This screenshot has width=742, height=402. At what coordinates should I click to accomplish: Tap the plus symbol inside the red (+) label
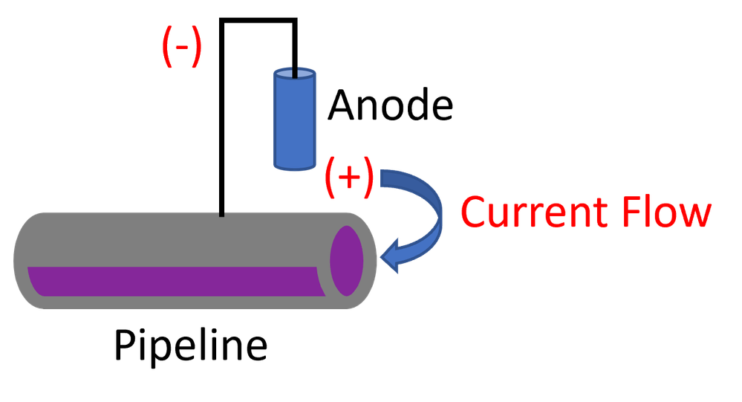pos(349,178)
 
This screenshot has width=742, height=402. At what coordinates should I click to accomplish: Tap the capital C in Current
pos(475,213)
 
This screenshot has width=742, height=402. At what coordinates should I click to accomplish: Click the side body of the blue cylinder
pos(295,123)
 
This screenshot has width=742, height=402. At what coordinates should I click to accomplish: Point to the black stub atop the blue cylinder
pos(295,72)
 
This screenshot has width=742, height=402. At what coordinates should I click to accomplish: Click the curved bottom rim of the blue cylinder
pos(295,169)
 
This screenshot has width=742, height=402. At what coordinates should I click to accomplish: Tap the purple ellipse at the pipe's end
pos(346,260)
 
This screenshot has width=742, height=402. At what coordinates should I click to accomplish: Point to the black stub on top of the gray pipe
pos(221,214)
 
